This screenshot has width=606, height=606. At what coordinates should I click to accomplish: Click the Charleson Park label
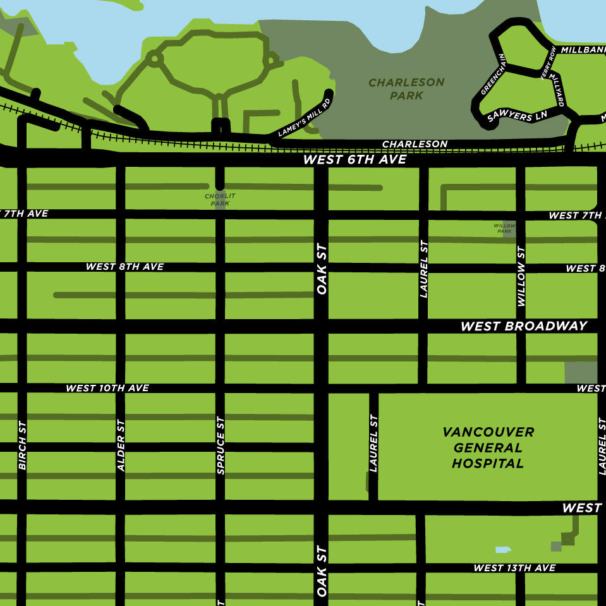click(406, 89)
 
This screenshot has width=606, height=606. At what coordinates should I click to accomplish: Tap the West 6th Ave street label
click(355, 160)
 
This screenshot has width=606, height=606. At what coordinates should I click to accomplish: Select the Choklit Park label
click(220, 200)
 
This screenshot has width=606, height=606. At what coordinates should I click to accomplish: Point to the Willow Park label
click(504, 228)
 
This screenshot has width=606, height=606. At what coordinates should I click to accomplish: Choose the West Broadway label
click(524, 326)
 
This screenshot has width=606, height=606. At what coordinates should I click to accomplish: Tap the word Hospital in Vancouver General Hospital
click(487, 463)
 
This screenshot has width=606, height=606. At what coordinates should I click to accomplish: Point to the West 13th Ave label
click(514, 568)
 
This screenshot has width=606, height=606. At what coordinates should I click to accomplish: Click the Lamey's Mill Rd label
click(305, 118)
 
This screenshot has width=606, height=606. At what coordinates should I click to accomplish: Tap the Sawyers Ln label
click(517, 115)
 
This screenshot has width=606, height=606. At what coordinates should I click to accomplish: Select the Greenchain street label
click(493, 74)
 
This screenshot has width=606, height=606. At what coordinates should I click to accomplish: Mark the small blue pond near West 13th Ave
click(502, 550)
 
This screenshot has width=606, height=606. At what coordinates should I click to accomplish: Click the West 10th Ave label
click(107, 388)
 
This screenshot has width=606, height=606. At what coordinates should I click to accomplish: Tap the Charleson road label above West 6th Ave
click(415, 144)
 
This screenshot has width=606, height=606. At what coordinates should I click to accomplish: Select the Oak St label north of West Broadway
click(321, 269)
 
